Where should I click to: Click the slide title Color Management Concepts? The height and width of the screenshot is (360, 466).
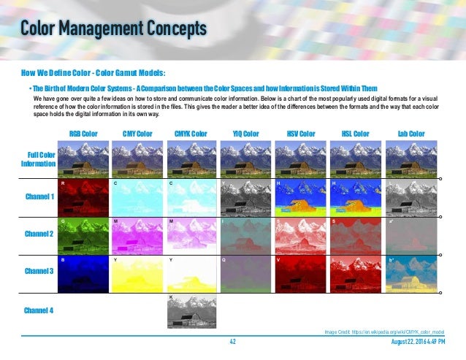tap(113, 28)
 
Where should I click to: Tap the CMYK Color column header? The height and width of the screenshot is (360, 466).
tap(191, 134)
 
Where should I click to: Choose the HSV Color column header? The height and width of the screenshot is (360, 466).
tap(300, 134)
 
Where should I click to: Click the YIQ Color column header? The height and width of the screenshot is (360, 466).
tap(246, 134)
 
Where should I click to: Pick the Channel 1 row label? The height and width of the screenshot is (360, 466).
tap(39, 197)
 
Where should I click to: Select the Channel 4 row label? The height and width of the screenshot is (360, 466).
tap(39, 310)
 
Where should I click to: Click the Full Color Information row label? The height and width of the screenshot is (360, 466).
tap(41, 159)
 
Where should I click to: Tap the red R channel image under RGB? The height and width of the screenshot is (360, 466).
tap(84, 197)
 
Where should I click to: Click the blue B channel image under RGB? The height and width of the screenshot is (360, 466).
tap(84, 273)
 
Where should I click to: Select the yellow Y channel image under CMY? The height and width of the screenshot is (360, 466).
tap(138, 273)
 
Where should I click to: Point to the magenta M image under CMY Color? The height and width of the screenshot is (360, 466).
tap(138, 235)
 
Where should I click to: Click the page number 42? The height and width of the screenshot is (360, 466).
tap(233, 342)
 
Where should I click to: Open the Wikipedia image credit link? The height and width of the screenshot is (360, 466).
tap(384, 332)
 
